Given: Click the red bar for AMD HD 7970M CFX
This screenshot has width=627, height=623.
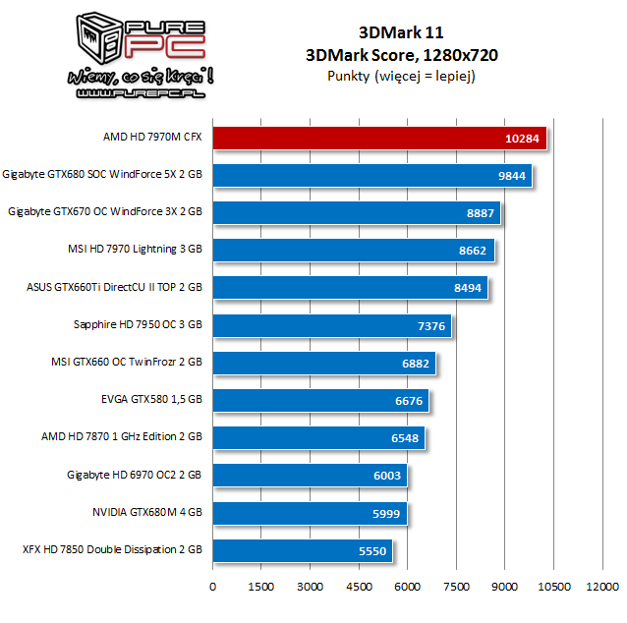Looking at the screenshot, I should (x=379, y=138).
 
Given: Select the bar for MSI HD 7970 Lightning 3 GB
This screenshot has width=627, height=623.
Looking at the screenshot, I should (x=353, y=251).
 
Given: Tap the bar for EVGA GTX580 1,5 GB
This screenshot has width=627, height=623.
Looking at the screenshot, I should (x=320, y=401).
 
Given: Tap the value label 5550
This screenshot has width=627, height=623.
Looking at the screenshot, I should (x=374, y=551).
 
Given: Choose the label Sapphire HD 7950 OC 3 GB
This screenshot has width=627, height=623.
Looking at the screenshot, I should (x=137, y=325).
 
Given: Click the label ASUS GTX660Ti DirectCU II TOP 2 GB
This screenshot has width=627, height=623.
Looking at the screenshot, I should (x=114, y=288).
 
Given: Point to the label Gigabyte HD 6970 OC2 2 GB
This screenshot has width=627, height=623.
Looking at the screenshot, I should (x=135, y=476).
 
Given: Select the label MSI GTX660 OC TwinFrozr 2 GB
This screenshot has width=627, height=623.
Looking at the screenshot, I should (x=126, y=363).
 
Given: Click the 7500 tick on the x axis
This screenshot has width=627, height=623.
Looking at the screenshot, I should (x=456, y=587).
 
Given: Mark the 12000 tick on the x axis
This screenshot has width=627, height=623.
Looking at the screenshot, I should (x=601, y=587).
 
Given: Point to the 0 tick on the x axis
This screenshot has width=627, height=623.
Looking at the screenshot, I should (x=213, y=587).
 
